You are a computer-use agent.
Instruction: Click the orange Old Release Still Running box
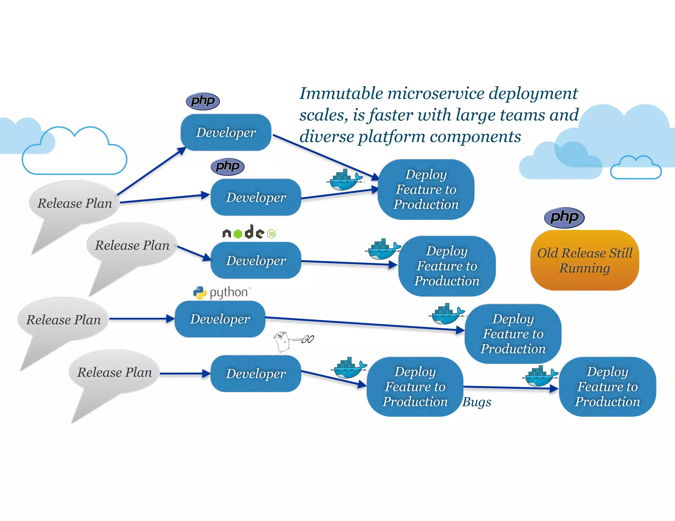pyautogui.click(x=584, y=260)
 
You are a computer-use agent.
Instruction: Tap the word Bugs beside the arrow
pyautogui.click(x=477, y=402)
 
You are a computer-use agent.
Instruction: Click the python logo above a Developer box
pyautogui.click(x=221, y=292)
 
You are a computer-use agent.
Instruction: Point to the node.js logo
pyautogui.click(x=249, y=233)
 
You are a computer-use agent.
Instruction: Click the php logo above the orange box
pyautogui.click(x=564, y=217)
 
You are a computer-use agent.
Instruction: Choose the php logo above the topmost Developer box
pyautogui.click(x=203, y=101)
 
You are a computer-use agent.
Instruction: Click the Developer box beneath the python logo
pyautogui.click(x=220, y=319)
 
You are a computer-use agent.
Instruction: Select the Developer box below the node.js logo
pyautogui.click(x=256, y=260)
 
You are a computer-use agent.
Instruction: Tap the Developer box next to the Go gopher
pyautogui.click(x=256, y=373)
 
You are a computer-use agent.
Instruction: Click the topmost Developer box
pyautogui.click(x=226, y=132)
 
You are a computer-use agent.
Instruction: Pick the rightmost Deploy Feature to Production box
pyautogui.click(x=607, y=387)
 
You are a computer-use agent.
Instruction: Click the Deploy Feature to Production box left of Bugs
pyautogui.click(x=415, y=387)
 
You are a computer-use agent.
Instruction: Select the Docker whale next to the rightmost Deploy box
pyautogui.click(x=540, y=376)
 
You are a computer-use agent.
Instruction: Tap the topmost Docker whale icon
pyautogui.click(x=345, y=180)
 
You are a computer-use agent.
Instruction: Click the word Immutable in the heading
pyautogui.click(x=341, y=93)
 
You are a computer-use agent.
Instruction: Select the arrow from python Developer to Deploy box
pyautogui.click(x=363, y=324)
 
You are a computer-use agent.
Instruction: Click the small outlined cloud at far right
pyautogui.click(x=636, y=169)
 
